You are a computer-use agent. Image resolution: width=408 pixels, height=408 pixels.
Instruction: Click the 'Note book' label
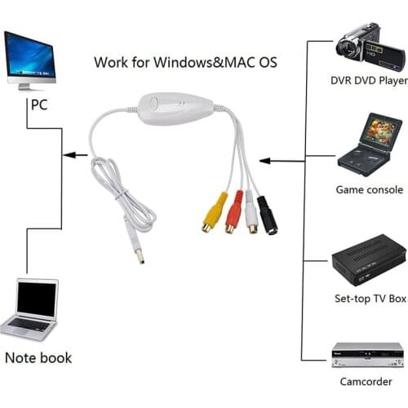coord(38,357)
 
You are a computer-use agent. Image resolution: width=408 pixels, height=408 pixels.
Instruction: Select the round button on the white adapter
coord(155,104)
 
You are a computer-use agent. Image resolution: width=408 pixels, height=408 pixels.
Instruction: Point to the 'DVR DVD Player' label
coord(367,81)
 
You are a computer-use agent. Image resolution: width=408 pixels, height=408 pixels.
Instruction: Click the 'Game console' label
coord(369,189)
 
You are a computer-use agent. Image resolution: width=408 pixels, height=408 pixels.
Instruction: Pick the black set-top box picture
coord(367,261)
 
